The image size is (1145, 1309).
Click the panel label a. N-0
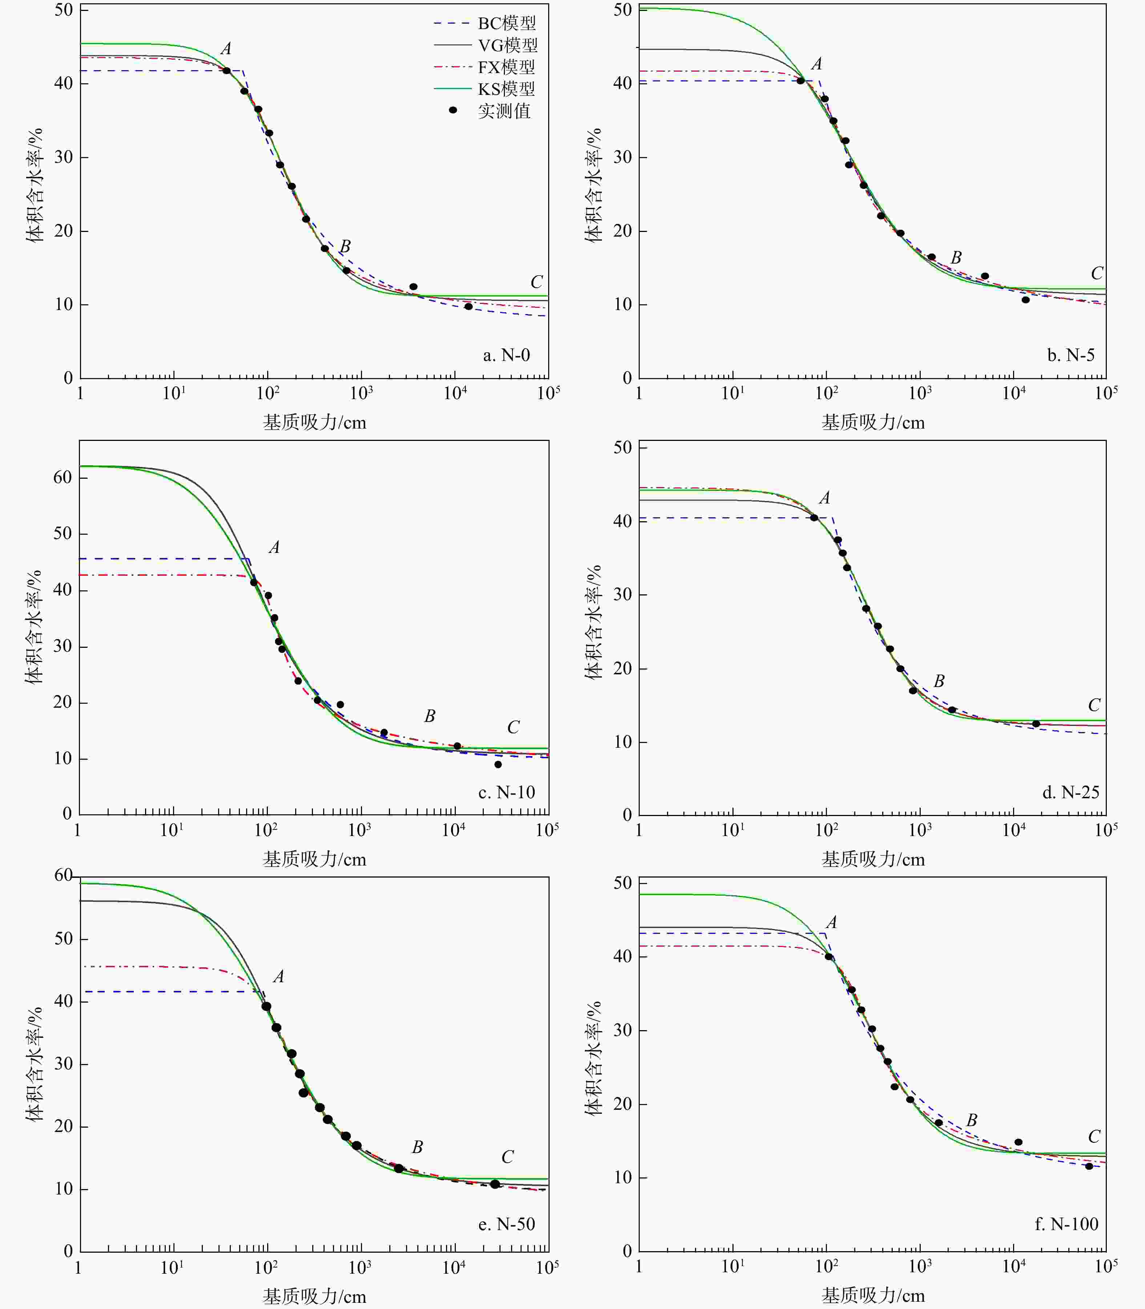(506, 355)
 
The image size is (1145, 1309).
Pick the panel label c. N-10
(506, 792)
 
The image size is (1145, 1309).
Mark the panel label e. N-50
(506, 1224)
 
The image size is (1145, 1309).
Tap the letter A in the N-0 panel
(226, 49)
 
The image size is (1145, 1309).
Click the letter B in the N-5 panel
(956, 257)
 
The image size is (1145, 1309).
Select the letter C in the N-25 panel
(1094, 705)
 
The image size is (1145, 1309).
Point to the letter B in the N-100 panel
(971, 1120)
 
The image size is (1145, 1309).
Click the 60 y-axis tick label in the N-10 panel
(63, 477)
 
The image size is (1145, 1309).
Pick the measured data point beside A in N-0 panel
(226, 70)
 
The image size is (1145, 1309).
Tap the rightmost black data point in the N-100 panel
(1089, 1166)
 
